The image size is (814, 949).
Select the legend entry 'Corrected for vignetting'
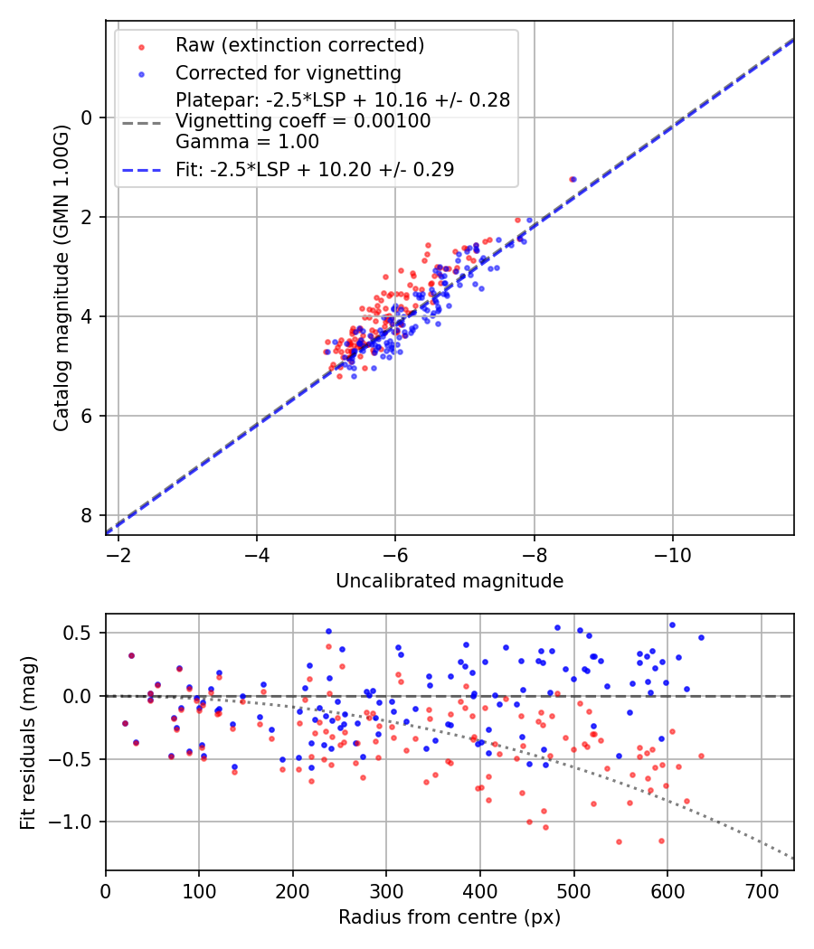289,72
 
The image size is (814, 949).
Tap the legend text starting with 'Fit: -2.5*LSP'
315,169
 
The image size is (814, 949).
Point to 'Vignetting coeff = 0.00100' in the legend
303,120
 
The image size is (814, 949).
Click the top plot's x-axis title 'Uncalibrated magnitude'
450,581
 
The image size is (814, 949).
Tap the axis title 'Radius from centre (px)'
450,917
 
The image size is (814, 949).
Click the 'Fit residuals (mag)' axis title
29,742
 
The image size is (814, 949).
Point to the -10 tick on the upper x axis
672,551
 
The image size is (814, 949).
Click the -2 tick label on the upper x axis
118,551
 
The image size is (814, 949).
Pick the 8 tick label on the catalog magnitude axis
88,515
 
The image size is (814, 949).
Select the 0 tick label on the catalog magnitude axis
88,117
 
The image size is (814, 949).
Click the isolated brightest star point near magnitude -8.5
572,179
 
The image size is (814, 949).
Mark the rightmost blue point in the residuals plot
701,637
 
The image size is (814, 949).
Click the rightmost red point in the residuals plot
701,756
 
